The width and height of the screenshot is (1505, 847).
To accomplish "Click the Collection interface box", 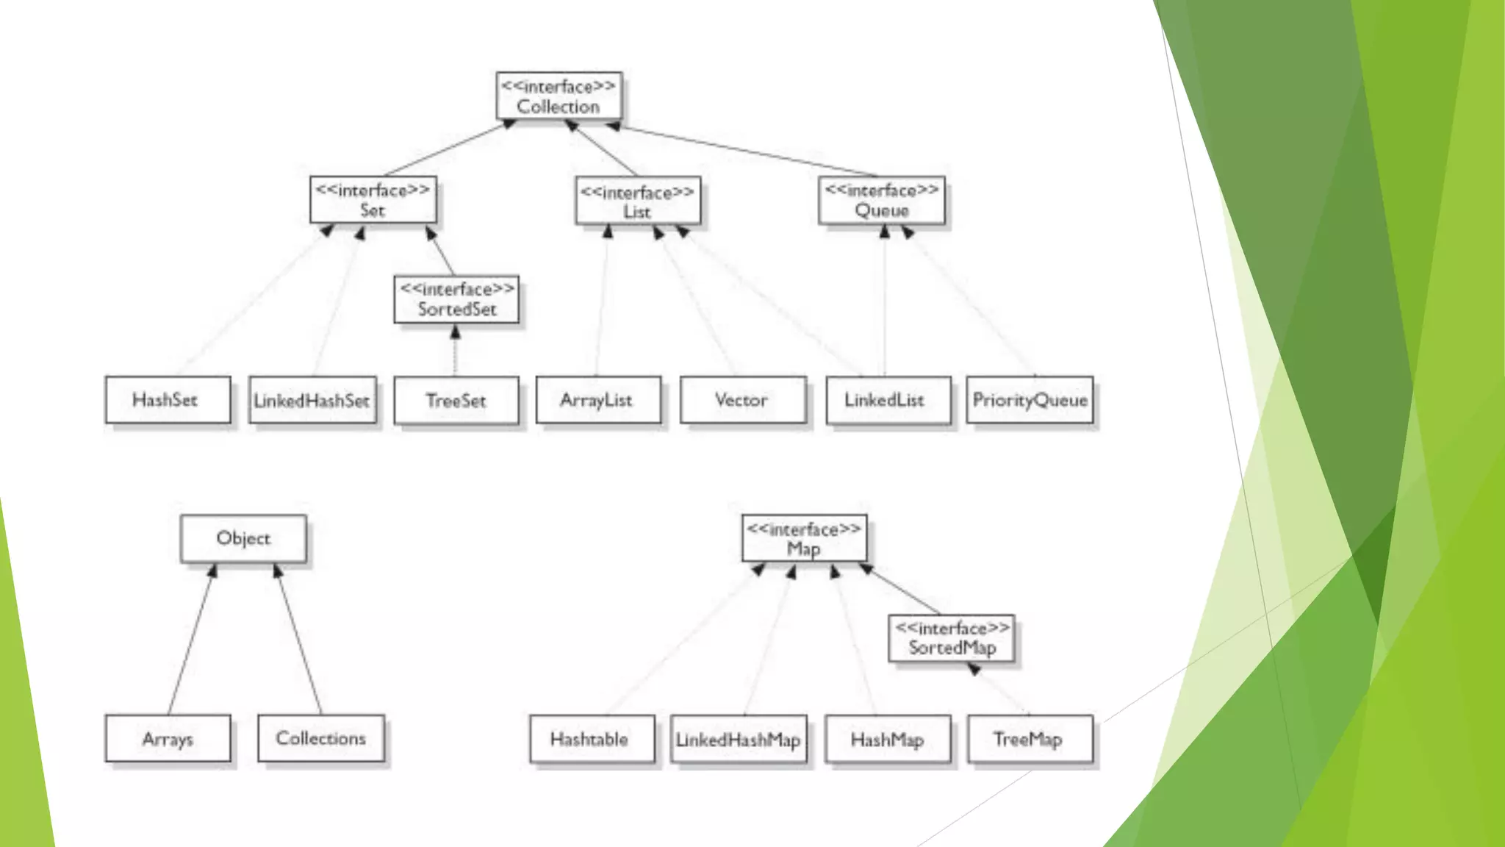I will (x=558, y=96).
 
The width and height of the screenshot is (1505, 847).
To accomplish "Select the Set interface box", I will (x=373, y=200).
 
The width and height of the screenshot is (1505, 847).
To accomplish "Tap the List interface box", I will (x=637, y=201).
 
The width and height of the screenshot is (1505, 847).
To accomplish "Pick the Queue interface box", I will (x=881, y=200).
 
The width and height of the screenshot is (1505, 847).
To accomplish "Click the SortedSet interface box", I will (x=456, y=299).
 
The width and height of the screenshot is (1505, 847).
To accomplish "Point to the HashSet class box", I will (x=168, y=400).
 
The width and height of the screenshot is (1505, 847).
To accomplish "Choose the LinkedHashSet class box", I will (x=312, y=401).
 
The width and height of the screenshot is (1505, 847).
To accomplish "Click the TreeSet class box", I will (x=456, y=401).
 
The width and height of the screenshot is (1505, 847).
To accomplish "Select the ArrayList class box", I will (x=597, y=400).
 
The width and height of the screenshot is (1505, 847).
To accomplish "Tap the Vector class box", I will (x=742, y=400).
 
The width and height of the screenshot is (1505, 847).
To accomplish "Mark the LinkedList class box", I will (x=888, y=400).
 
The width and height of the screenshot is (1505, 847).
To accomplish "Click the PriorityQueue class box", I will (x=1030, y=400).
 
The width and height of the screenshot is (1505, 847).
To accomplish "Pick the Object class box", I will (x=243, y=538).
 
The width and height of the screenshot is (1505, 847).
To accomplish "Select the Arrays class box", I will (x=168, y=738).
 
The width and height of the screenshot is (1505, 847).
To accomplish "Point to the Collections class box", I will (x=320, y=738).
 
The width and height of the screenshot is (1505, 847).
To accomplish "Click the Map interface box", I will (x=804, y=539).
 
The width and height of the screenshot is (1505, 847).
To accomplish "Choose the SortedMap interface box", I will (x=952, y=638).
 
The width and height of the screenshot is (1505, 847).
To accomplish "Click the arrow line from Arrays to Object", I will (x=190, y=640).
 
